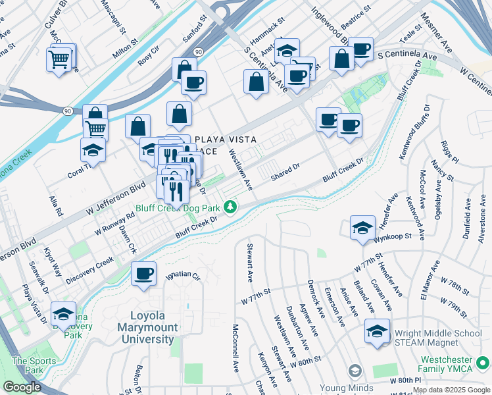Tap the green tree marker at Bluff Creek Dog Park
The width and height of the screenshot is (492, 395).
click(230, 208)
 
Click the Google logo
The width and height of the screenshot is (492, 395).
click(22, 387)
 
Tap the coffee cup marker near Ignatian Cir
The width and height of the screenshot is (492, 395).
click(143, 273)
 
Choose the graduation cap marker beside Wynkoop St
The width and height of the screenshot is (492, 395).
click(362, 228)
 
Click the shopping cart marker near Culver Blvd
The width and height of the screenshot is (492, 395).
click(59, 59)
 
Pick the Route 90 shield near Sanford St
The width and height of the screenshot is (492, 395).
click(198, 51)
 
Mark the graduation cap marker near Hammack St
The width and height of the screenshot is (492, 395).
click(287, 50)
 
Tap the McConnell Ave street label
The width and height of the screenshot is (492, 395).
click(235, 345)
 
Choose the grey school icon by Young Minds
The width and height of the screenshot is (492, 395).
click(355, 372)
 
